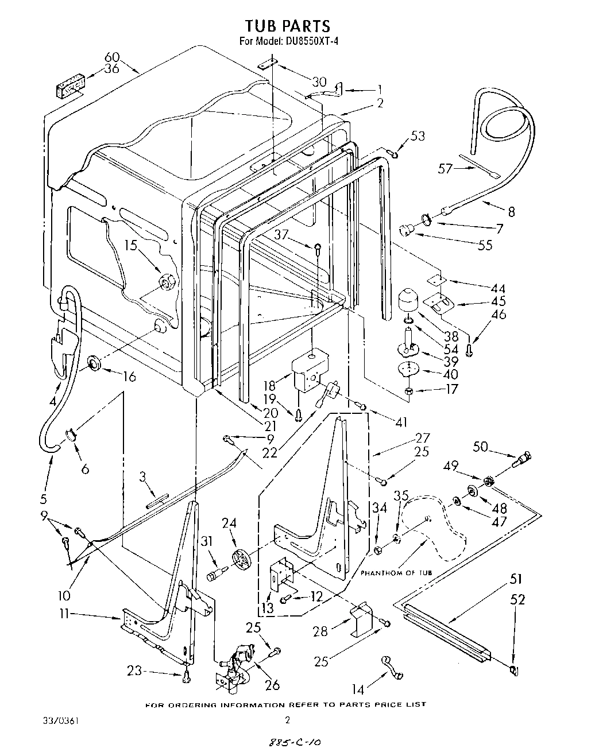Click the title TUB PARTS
pos(288,26)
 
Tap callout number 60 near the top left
pos(112,57)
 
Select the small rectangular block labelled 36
pos(69,89)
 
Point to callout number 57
pos(446,168)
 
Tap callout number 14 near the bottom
pos(358,687)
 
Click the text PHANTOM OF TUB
pos(397,573)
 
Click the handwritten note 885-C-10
pos(293,742)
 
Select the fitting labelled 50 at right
pos(524,459)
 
